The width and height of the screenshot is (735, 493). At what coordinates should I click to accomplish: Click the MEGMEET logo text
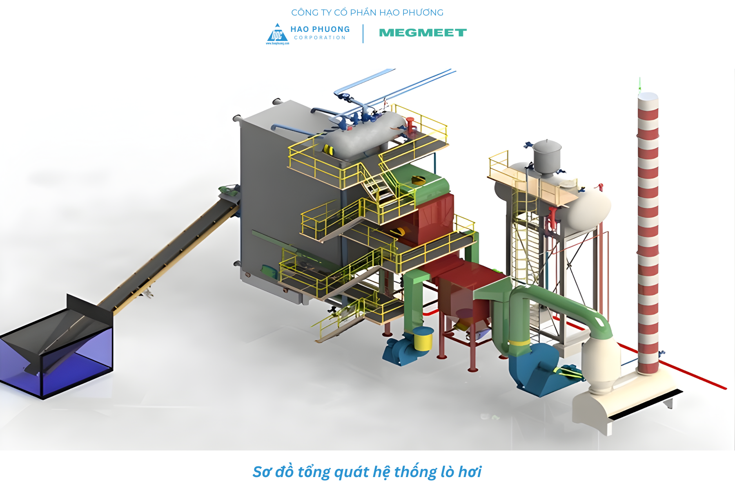pos(423,33)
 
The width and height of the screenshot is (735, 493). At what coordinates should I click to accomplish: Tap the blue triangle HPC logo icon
pos(277,34)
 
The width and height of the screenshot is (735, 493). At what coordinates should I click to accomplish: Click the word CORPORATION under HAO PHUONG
pos(320,38)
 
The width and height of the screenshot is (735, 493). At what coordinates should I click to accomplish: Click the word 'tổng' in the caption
pos(314,472)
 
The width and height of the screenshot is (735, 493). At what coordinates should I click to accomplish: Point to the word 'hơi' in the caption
pos(470,472)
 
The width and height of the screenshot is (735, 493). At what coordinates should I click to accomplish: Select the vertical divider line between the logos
pos(363,34)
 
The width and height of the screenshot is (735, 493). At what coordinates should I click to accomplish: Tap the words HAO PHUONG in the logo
pos(320,29)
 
